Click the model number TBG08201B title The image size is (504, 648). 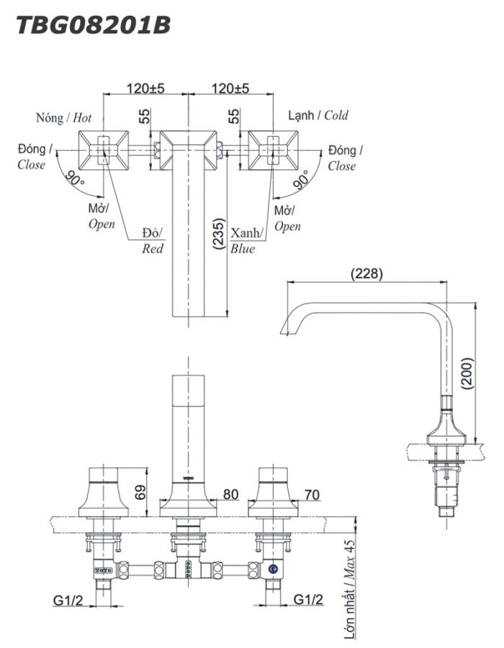click(93, 24)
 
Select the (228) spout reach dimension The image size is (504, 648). click(366, 274)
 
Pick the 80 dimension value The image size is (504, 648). click(230, 494)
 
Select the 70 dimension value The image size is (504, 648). click(311, 494)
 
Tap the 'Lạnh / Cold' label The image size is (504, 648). click(318, 115)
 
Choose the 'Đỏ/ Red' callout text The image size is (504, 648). click(153, 241)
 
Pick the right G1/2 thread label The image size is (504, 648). click(309, 599)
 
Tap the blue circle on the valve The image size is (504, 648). click(273, 570)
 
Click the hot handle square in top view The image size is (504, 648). click(103, 150)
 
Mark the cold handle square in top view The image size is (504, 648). click(274, 150)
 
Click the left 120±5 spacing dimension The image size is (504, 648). click(146, 88)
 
